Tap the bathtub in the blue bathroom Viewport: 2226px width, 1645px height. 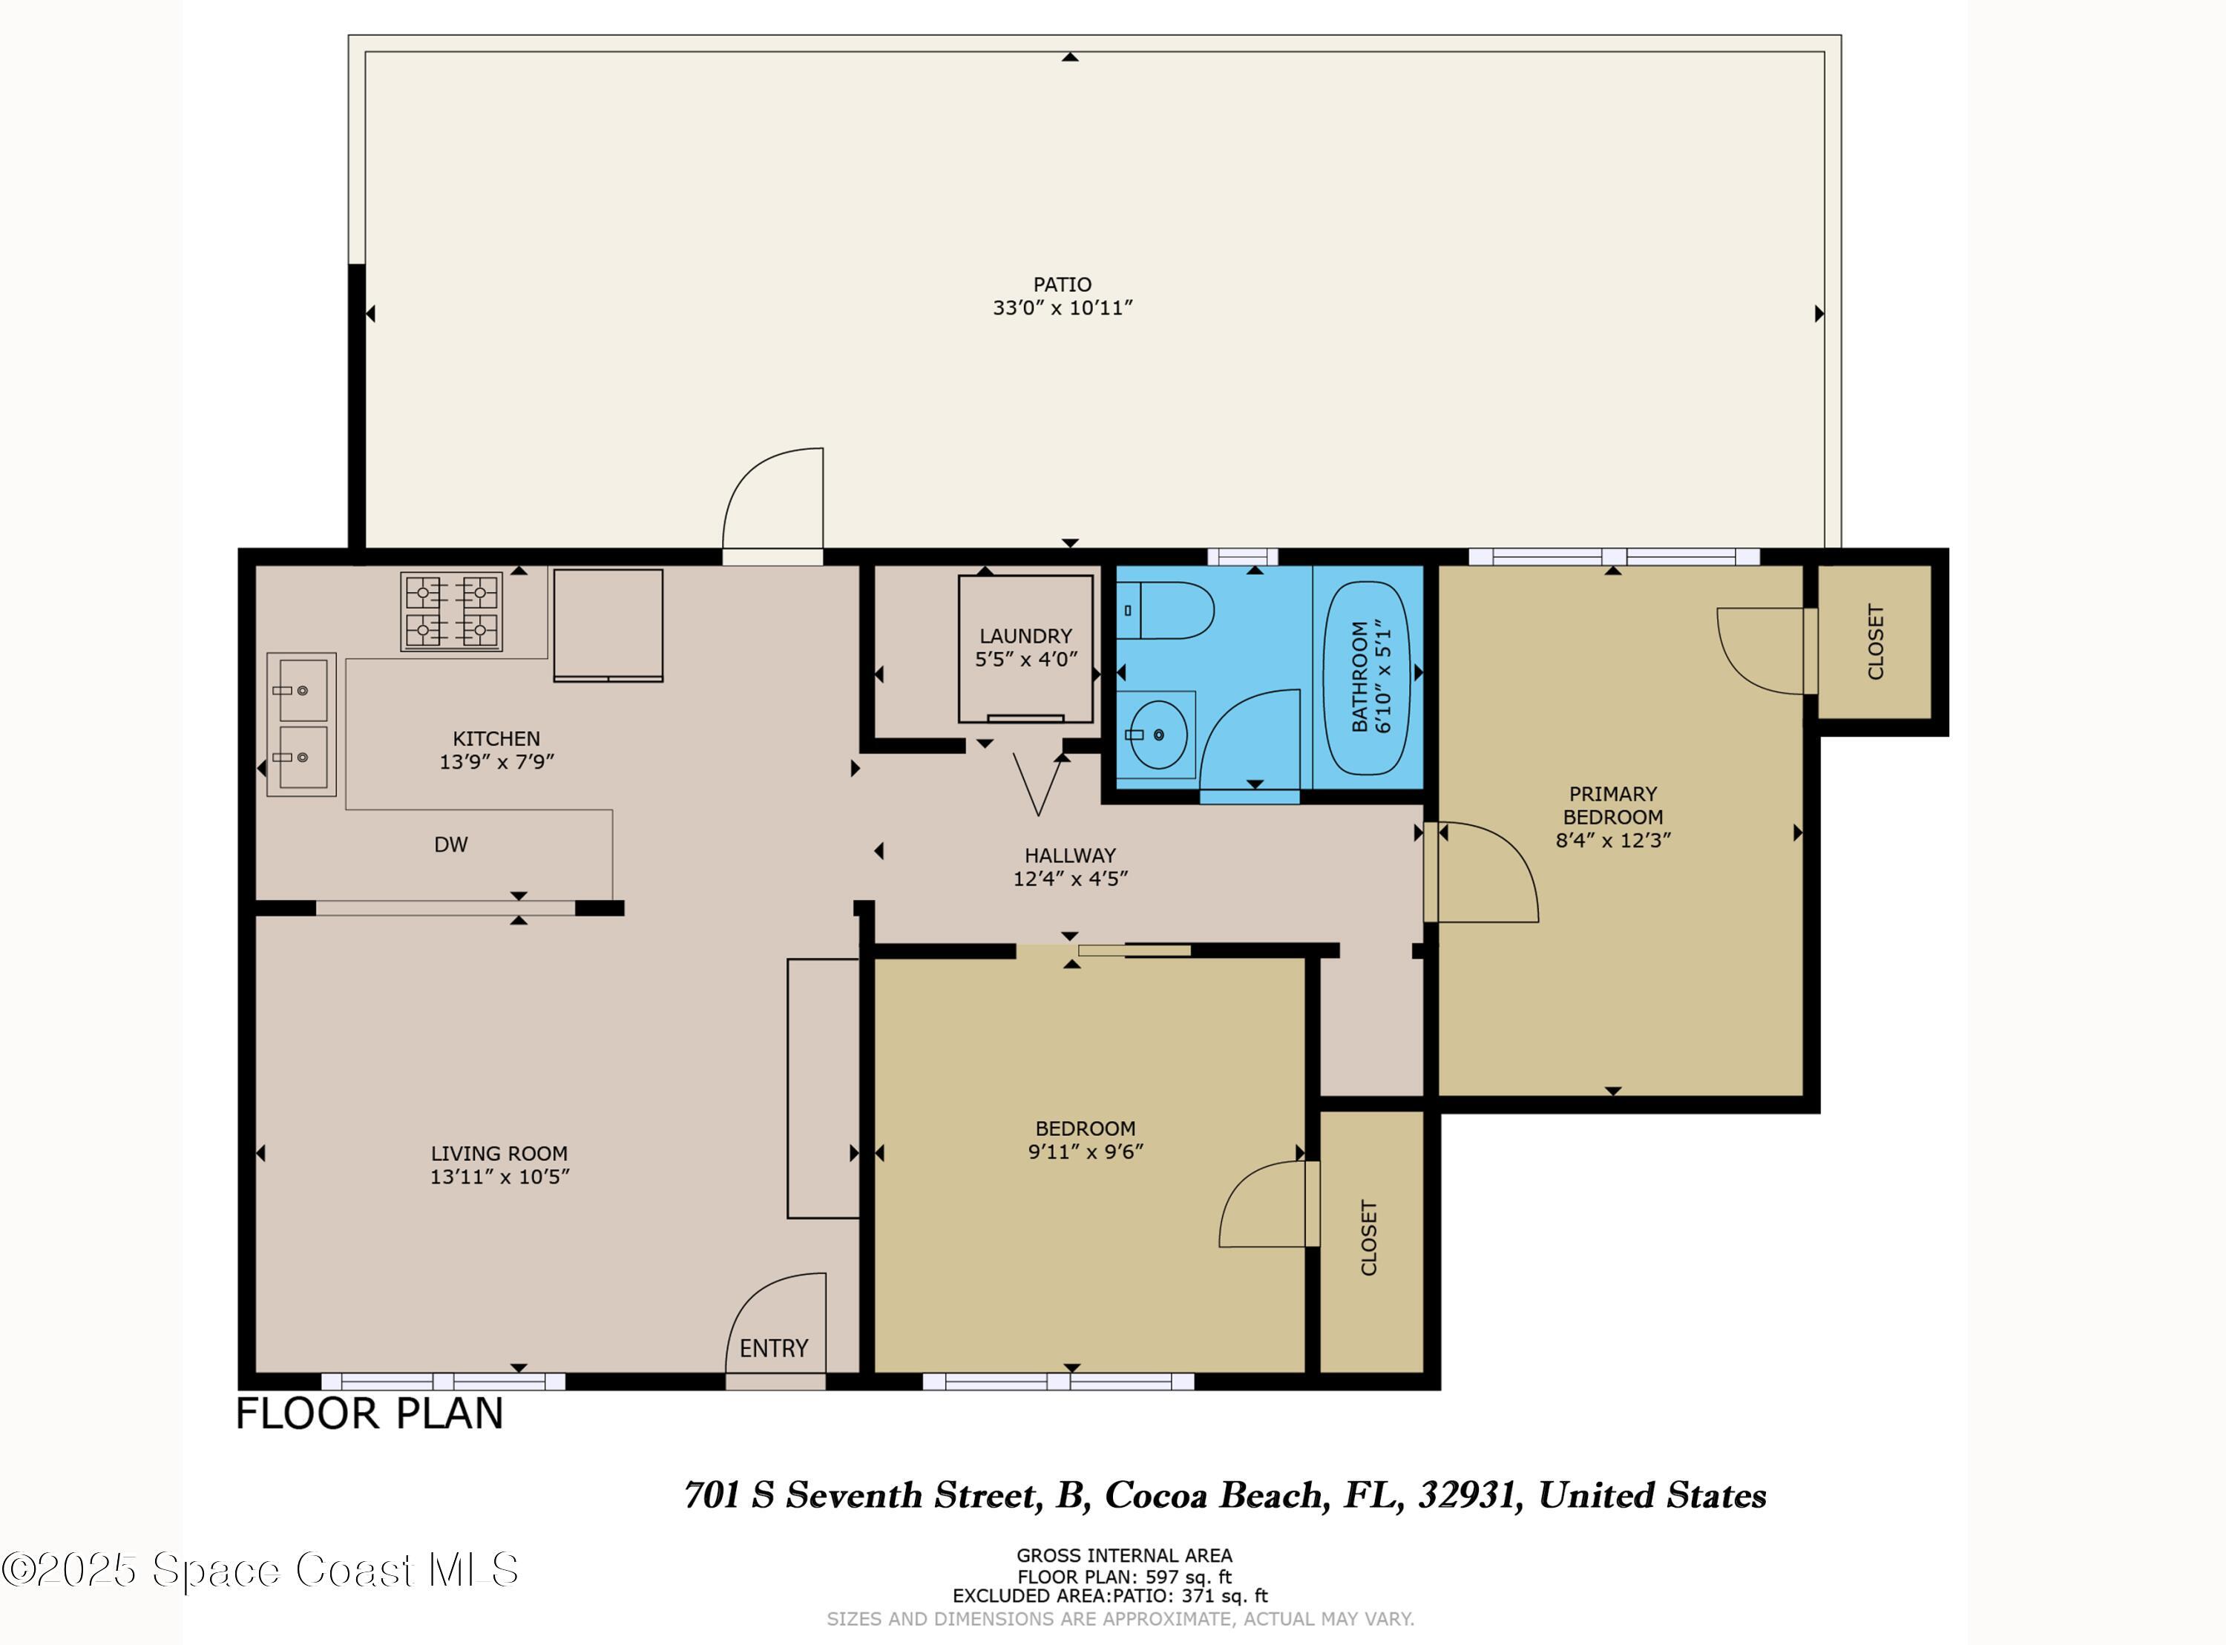[x=1366, y=678]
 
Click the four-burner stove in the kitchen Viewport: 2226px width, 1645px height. [x=451, y=611]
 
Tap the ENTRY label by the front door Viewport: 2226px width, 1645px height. [x=773, y=1348]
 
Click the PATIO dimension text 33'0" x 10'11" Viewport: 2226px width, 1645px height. [x=1063, y=308]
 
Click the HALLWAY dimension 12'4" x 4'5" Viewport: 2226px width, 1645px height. [x=1070, y=879]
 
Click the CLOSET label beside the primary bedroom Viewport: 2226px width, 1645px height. [x=1876, y=643]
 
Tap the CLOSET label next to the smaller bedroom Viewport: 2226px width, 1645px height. [x=1369, y=1238]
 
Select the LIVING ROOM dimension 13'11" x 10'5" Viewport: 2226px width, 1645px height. [x=500, y=1176]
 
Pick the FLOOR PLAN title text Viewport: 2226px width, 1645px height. [x=370, y=1414]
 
